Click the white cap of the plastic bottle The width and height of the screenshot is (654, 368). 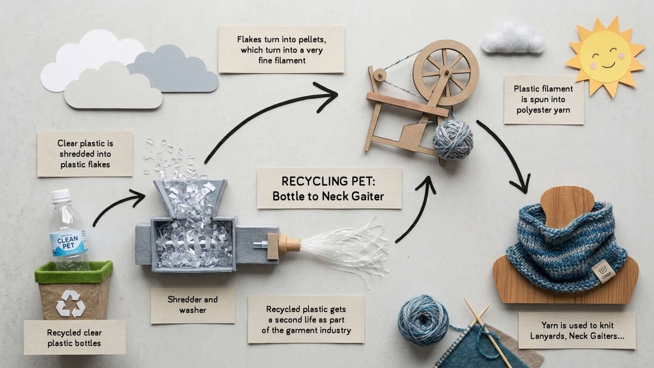coord(61,195)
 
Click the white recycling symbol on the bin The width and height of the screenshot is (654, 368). coord(70,303)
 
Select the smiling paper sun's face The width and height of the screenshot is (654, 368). coord(605,56)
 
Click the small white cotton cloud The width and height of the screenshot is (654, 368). coord(512,38)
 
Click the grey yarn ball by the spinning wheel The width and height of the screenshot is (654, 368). coord(452,139)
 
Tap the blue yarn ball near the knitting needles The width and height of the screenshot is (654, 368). coord(423,320)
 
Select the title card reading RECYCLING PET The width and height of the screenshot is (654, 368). coord(329,188)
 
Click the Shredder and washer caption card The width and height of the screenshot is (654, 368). coord(193,305)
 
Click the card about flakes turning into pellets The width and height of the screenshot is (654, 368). coord(281,49)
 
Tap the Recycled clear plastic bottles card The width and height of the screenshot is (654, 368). coord(74,337)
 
